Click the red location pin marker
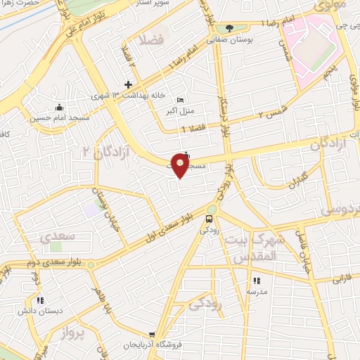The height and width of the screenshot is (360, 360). coord(181,166)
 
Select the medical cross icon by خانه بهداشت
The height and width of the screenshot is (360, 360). coord(127,84)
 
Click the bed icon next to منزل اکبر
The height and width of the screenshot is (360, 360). coord(181,101)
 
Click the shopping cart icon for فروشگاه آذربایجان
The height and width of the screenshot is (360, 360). coord(152,335)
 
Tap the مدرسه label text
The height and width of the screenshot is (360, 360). coord(256,290)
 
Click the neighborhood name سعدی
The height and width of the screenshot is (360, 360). coord(54,238)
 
